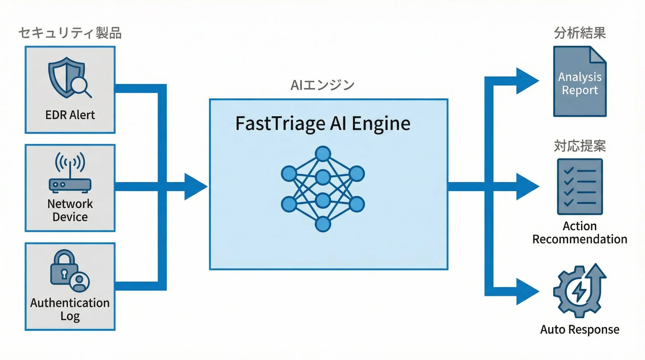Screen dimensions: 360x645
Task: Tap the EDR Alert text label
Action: tap(70, 115)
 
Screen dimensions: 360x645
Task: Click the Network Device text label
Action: tap(70, 210)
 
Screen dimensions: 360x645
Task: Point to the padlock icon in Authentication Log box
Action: tap(64, 268)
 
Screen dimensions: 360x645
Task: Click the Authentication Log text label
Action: tap(70, 309)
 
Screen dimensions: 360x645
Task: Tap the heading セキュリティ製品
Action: tap(70, 33)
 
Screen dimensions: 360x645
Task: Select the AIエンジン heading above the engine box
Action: tap(322, 85)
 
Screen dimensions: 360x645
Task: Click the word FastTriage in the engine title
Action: tap(280, 123)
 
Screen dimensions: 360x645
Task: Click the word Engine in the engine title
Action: tap(381, 124)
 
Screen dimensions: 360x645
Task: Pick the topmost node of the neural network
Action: tap(323, 154)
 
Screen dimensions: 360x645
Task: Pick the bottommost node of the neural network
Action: tap(323, 224)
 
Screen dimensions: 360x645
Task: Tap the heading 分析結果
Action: tap(580, 33)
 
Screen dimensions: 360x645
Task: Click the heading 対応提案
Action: tap(580, 146)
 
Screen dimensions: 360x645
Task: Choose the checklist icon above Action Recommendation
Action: tap(580, 187)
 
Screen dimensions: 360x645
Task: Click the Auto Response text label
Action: tap(580, 330)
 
